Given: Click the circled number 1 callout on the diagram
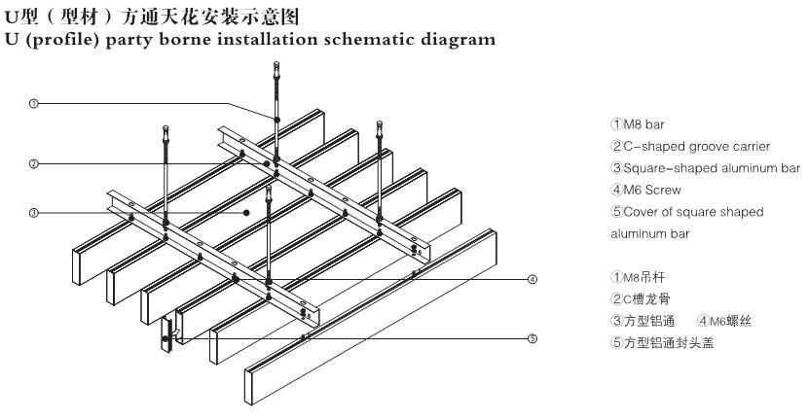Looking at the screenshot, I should pyautogui.click(x=34, y=103).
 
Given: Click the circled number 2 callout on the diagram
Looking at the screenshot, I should pyautogui.click(x=34, y=163).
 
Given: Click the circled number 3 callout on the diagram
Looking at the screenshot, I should pyautogui.click(x=34, y=212).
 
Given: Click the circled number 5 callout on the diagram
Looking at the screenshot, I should pyautogui.click(x=532, y=338).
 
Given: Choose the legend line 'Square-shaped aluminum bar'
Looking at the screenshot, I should pyautogui.click(x=702, y=167).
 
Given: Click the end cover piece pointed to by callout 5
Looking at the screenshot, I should pyautogui.click(x=166, y=335).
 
